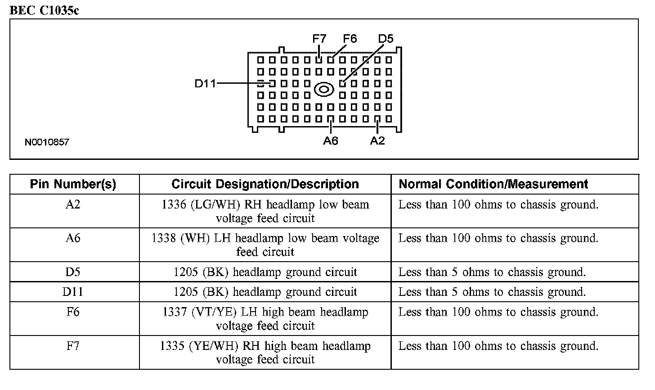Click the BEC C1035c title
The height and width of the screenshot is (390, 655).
tap(44, 10)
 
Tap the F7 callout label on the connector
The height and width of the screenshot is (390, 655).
tap(319, 39)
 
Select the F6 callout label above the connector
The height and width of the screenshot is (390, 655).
tap(350, 39)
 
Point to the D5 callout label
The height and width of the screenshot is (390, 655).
tap(386, 39)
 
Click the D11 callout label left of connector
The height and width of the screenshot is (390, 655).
tap(205, 83)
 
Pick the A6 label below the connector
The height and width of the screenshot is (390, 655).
tap(330, 141)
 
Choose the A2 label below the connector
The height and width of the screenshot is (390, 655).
tap(377, 141)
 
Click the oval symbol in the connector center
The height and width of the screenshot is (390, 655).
tap(323, 89)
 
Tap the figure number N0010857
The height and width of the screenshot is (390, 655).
tap(47, 142)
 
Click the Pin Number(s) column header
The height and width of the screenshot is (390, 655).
tap(73, 184)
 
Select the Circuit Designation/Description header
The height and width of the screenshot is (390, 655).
tap(265, 184)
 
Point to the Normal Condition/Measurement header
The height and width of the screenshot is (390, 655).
tap(493, 184)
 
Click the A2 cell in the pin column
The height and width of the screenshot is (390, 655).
tap(73, 204)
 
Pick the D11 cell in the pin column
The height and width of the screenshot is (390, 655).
tap(73, 292)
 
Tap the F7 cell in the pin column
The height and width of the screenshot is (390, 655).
tap(73, 346)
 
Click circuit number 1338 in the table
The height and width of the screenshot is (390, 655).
tap(164, 238)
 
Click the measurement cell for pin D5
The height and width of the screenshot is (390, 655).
tap(492, 272)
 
